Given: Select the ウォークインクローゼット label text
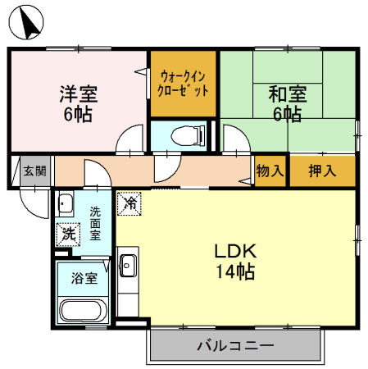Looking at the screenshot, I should tap(183, 82).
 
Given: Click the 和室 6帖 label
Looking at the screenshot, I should tap(287, 102).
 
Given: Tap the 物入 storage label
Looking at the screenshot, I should tap(270, 171).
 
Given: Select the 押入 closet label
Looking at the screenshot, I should tap(322, 171).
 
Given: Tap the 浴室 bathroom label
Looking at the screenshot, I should tap(84, 278).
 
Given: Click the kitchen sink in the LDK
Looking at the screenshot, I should tap(128, 265).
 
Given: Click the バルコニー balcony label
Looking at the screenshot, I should tap(234, 345).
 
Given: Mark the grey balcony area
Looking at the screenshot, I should tap(164, 345).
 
